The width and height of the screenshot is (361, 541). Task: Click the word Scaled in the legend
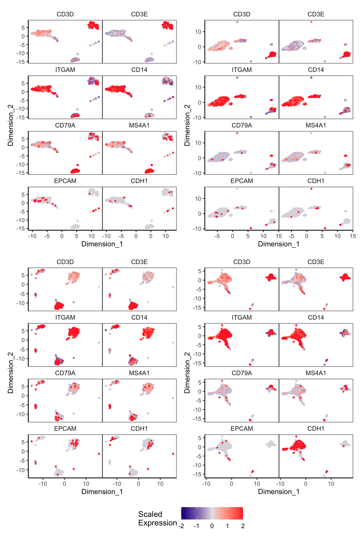click(150, 514)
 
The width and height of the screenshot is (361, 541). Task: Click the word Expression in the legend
click(157, 523)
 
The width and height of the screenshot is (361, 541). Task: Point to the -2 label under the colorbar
click(181, 526)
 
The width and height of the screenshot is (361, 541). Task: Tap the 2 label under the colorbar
click(243, 526)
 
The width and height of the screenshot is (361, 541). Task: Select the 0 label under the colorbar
click(212, 526)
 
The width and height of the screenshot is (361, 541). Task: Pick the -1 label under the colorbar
click(196, 526)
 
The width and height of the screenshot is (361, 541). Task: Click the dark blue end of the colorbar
click(183, 513)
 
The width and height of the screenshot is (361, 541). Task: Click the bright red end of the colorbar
click(241, 513)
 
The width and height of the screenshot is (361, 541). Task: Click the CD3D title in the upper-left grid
click(65, 14)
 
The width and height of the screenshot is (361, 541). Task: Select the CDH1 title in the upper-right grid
click(316, 181)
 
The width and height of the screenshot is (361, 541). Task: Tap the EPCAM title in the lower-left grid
click(65, 429)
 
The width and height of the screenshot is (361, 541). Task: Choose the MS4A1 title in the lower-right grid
click(316, 373)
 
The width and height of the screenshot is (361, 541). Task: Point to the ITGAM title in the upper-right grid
click(242, 70)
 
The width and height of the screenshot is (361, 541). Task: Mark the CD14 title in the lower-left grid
click(139, 317)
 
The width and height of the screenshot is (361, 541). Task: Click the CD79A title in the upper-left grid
click(65, 125)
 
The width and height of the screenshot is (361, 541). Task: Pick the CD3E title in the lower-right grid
click(316, 262)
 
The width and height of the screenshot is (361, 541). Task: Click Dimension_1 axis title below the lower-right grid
click(279, 492)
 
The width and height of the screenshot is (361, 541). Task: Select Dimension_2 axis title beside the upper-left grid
click(10, 125)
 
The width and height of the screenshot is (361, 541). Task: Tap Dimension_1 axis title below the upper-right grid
click(279, 244)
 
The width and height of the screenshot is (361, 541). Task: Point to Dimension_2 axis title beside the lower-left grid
click(10, 373)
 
